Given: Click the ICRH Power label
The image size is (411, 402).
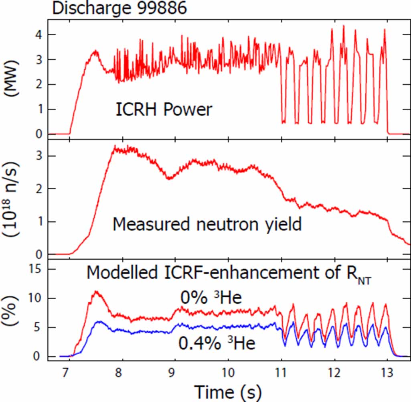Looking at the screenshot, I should tap(164, 109).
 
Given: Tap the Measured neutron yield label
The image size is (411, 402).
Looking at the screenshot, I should tap(207, 224).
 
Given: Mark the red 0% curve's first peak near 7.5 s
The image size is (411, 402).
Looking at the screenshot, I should tap(95, 292).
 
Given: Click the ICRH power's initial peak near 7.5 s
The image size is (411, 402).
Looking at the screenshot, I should tap(95, 51).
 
